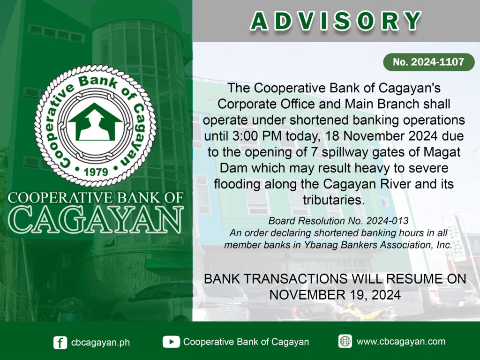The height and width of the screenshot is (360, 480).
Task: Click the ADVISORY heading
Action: coord(336,21)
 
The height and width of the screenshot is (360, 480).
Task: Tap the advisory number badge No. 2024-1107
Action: coord(428,62)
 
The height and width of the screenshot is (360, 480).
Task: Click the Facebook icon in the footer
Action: coord(60,342)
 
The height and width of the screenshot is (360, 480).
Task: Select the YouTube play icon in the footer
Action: coord(171,342)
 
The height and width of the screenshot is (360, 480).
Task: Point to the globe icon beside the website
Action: coord(345,341)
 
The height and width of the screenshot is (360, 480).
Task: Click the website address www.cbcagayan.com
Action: coord(401,341)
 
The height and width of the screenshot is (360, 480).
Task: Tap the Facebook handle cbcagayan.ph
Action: coord(100,342)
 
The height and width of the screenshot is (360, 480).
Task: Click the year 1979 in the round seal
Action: coord(96,172)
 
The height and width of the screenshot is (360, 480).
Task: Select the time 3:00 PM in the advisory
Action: coord(256,136)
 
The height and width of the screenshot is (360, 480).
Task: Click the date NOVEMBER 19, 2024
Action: coord(335,295)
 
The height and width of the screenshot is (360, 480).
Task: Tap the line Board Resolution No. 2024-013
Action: coord(338,221)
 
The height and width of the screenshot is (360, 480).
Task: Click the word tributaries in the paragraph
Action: coord(334,200)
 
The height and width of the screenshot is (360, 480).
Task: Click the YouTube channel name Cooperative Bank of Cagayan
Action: coord(246,342)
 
